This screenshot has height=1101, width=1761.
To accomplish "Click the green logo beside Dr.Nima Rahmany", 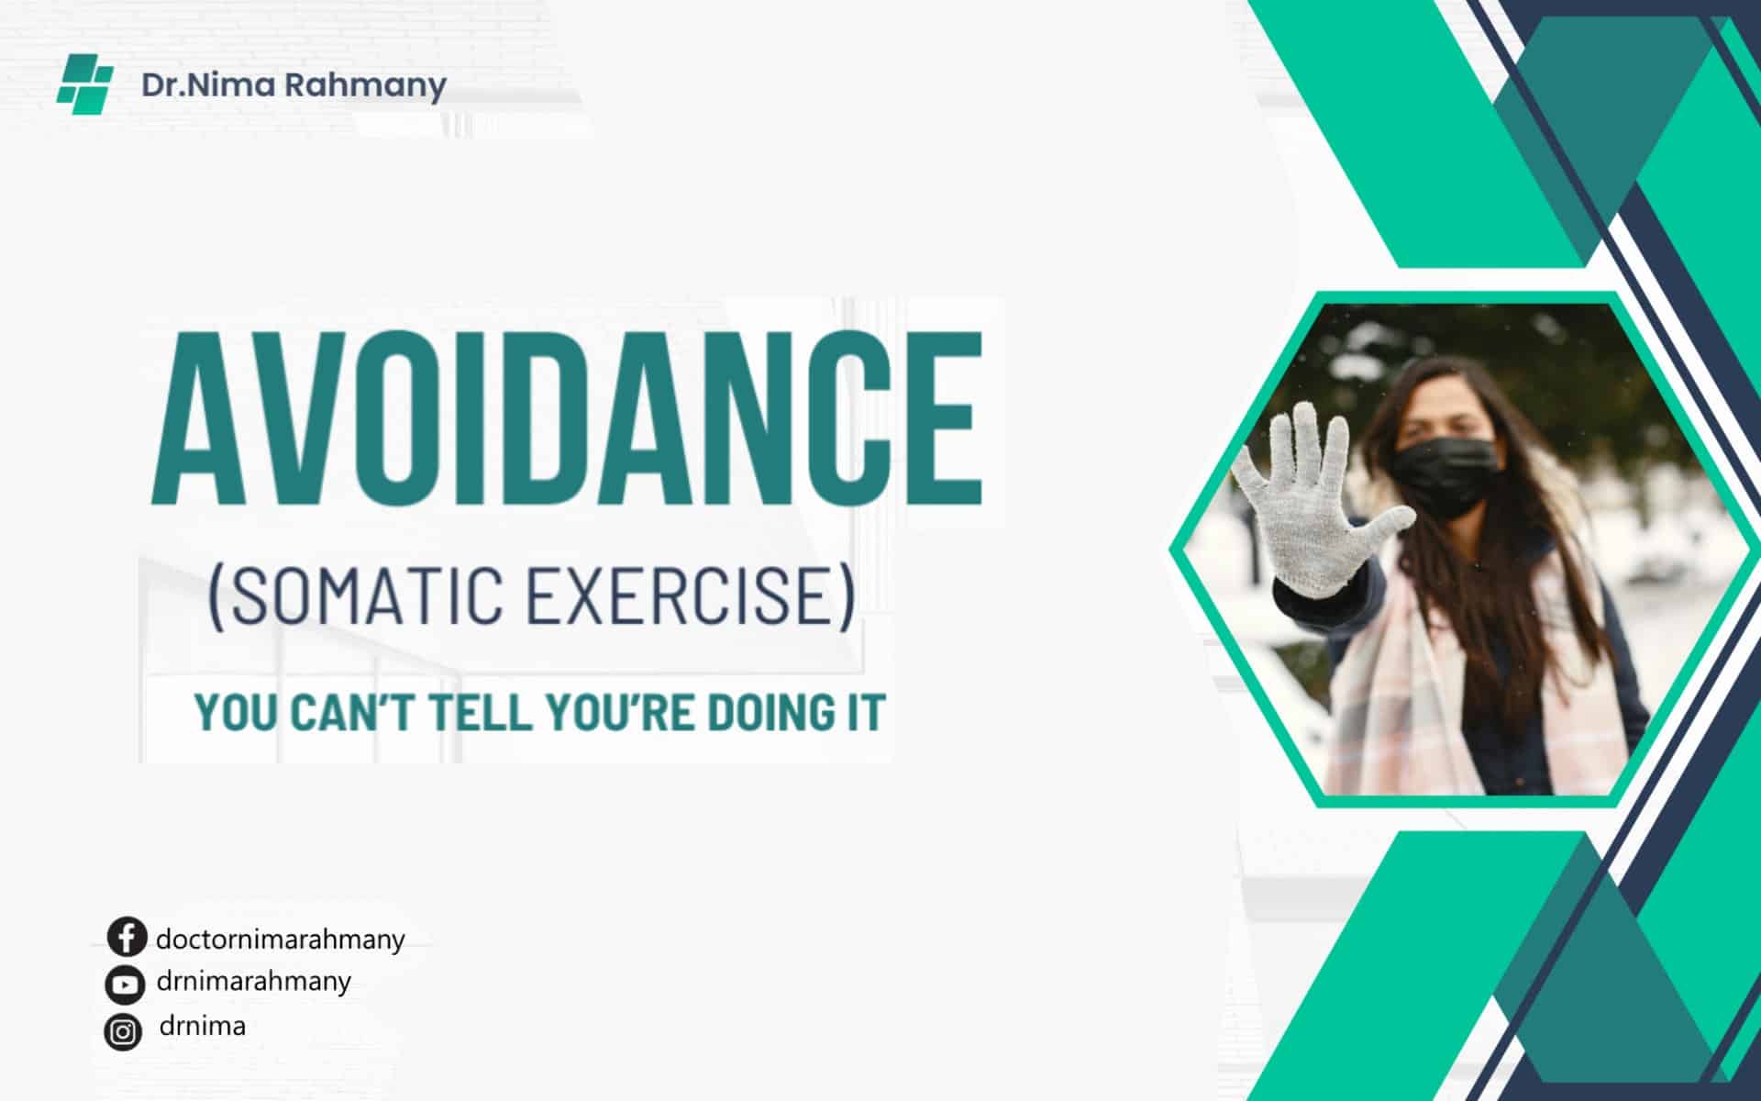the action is tap(85, 84).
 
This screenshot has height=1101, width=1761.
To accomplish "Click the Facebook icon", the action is tap(127, 938).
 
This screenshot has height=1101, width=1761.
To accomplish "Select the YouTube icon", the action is tap(125, 984).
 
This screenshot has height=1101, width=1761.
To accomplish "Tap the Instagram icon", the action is tap(123, 1032).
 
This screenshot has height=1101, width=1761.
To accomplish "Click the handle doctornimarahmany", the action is tap(281, 940).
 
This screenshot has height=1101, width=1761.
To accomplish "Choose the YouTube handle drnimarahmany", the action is tap(254, 982).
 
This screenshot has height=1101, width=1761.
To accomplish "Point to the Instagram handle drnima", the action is tap(203, 1025).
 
